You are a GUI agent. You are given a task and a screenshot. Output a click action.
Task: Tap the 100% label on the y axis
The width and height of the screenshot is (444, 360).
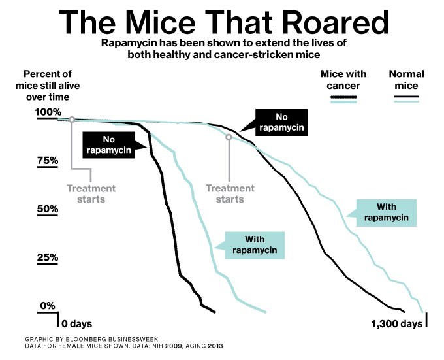(47, 112)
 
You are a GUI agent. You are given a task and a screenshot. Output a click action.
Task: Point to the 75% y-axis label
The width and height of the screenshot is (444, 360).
(47, 160)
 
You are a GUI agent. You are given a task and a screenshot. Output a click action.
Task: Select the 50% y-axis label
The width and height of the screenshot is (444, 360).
(47, 209)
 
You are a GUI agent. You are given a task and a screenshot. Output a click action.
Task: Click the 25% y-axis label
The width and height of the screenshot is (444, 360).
(47, 257)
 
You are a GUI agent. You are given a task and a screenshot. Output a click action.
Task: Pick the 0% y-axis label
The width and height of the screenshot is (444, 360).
(48, 306)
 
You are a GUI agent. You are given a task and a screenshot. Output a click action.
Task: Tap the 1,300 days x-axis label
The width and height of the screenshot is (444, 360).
(396, 323)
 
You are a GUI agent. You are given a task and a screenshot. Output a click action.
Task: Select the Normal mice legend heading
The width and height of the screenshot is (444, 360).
(406, 80)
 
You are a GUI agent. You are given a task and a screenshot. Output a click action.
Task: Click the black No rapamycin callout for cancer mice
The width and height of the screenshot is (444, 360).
(108, 144)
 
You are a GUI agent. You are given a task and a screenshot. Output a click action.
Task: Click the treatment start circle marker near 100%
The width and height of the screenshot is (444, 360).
(72, 120)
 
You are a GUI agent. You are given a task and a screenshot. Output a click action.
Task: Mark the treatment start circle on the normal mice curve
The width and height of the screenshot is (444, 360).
(229, 137)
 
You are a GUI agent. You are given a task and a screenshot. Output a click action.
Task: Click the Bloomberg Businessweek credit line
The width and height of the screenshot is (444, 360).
(83, 340)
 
